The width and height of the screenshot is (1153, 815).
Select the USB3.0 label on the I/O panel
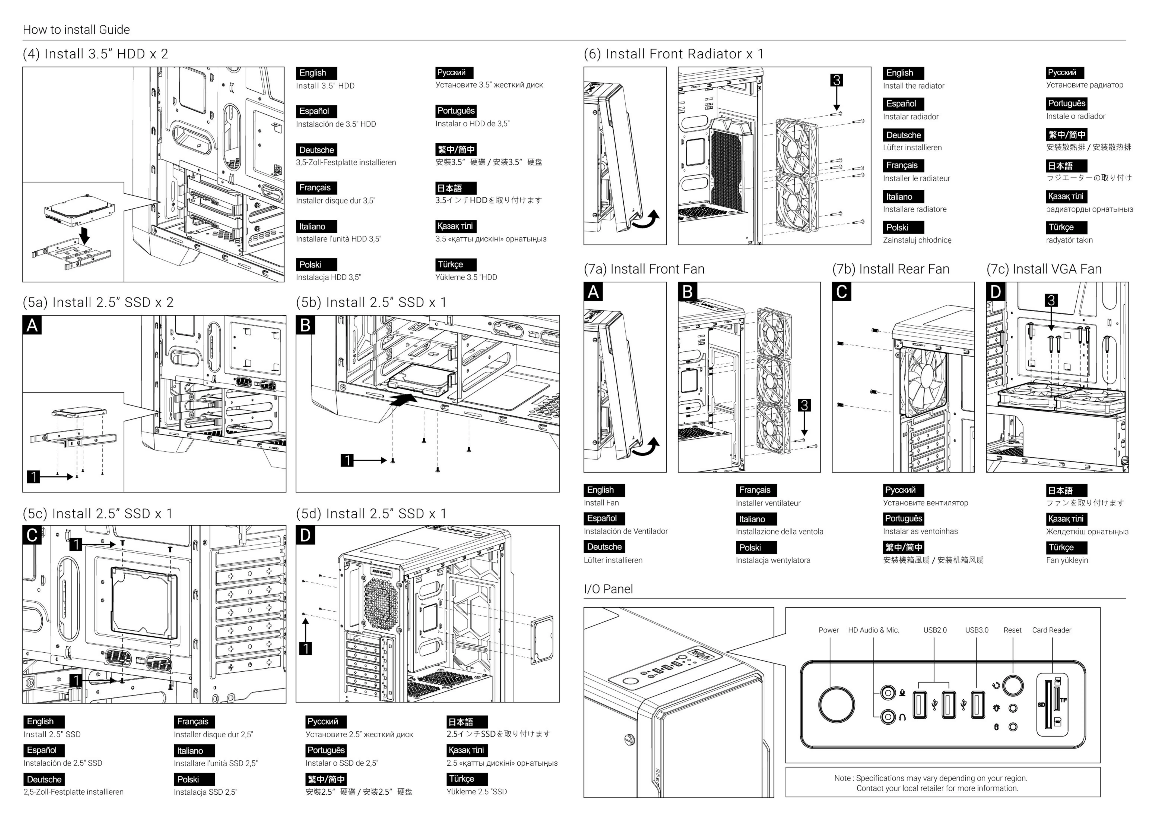point(976,630)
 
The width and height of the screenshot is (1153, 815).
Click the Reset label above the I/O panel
point(1012,630)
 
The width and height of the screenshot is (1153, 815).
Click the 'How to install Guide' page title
point(76,30)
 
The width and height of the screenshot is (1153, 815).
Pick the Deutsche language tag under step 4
point(316,150)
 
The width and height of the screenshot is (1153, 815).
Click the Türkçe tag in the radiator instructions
point(1061,227)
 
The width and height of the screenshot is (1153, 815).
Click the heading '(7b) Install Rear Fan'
point(890,269)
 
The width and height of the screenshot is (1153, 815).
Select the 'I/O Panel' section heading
point(608,589)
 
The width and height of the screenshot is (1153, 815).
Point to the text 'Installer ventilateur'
point(768,503)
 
